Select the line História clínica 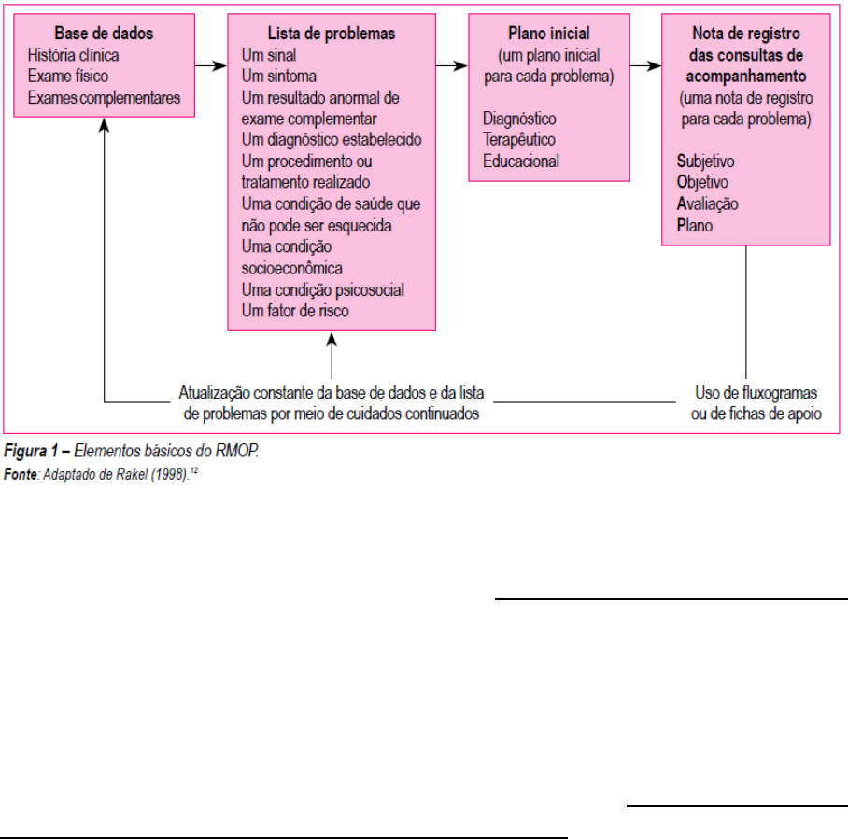(x=74, y=54)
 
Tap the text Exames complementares (x=104, y=97)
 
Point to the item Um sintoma (x=278, y=76)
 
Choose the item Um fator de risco (x=294, y=311)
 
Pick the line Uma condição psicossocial (x=322, y=290)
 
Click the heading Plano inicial (x=548, y=34)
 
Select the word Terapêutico (x=519, y=140)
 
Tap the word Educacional (x=521, y=161)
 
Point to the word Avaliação (x=707, y=203)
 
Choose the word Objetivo (x=702, y=183)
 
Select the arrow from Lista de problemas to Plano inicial (x=454, y=65)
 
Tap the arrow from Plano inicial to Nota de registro (x=644, y=65)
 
